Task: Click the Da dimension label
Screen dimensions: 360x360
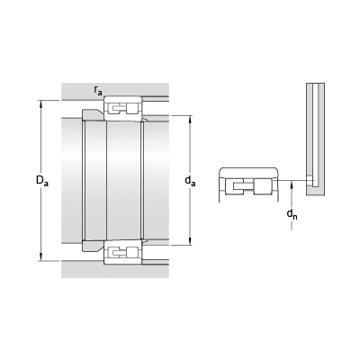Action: (x=42, y=181)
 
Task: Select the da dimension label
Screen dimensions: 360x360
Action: (x=190, y=181)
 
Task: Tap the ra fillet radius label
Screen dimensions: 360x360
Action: (x=98, y=90)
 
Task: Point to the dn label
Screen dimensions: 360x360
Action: (x=292, y=214)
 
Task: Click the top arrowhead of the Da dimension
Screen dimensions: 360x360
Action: (x=41, y=103)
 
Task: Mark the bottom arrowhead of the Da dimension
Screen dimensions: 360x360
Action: (x=41, y=257)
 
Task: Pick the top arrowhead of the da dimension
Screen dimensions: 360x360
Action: (x=190, y=120)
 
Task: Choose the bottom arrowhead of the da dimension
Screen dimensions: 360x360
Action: (x=190, y=241)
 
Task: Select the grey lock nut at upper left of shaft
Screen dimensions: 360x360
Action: (x=93, y=115)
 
